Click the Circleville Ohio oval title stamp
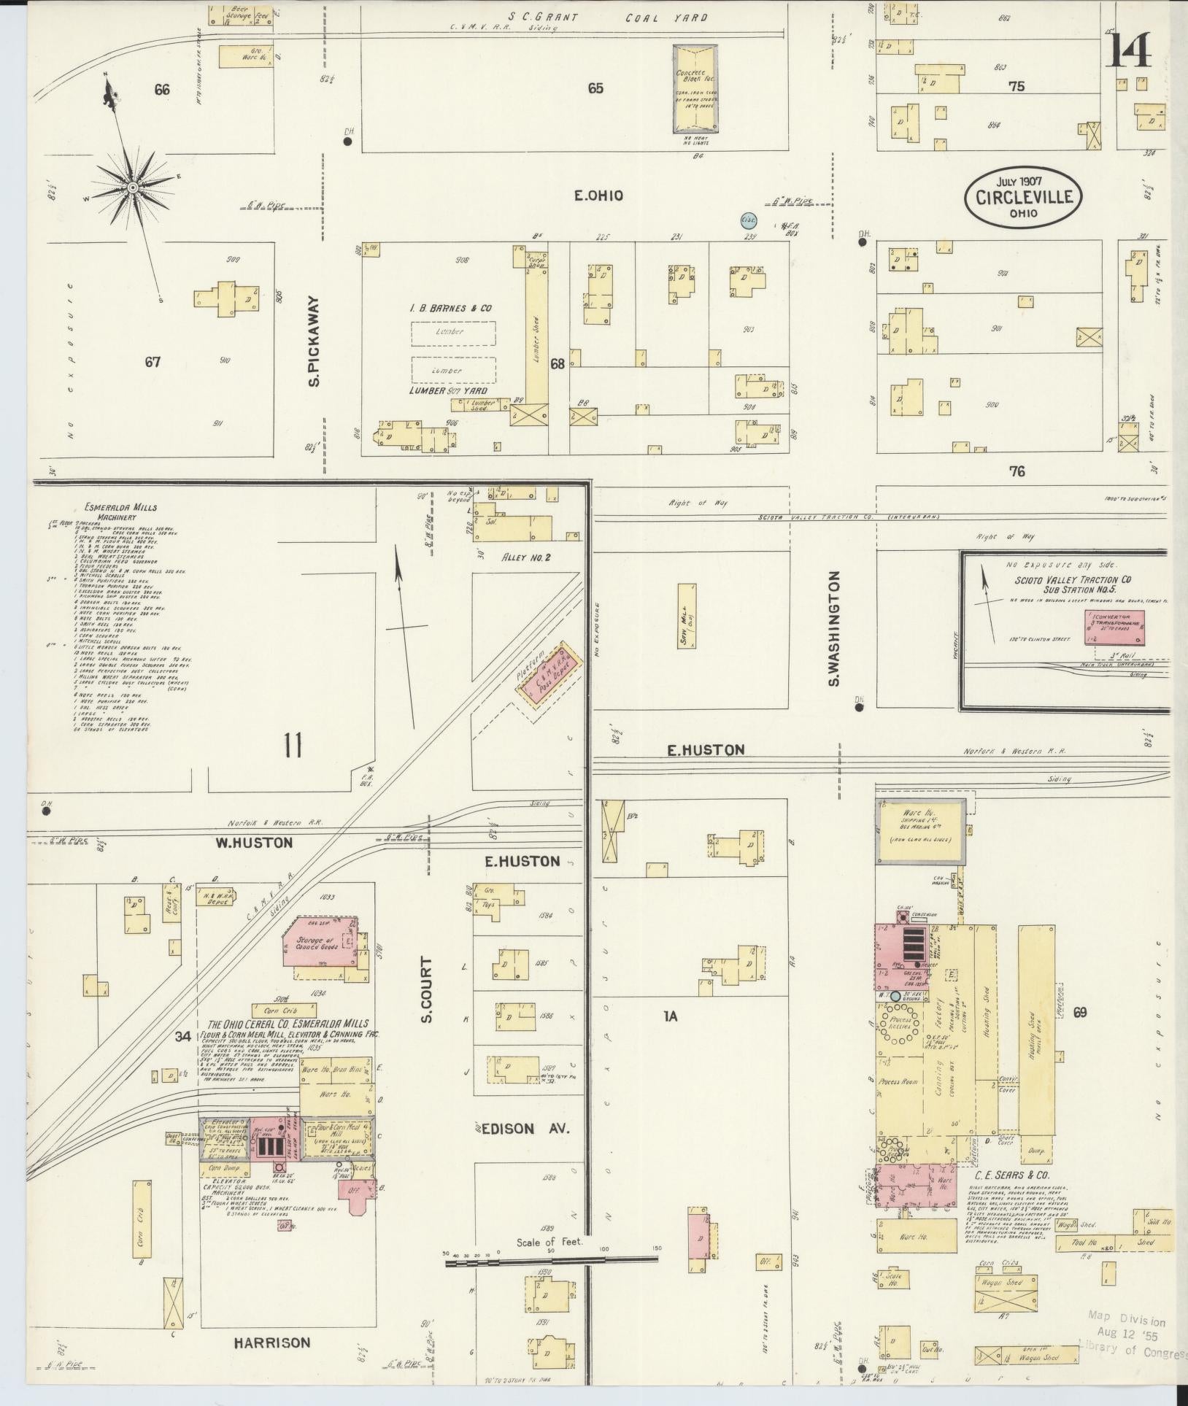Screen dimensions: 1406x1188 pos(1023,197)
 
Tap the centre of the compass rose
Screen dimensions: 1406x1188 pos(133,188)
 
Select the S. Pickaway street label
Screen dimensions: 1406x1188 pos(315,341)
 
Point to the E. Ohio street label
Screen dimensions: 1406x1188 pos(597,196)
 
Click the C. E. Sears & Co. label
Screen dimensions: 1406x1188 pos(1011,1176)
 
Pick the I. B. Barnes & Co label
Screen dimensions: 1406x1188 pos(450,308)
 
